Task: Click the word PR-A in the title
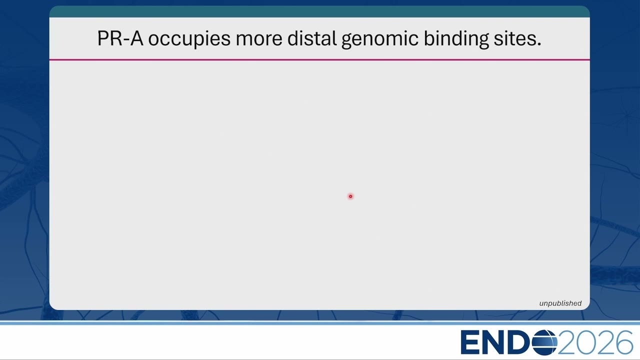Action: tap(120, 38)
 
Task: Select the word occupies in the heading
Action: tap(189, 39)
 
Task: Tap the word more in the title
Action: tap(259, 40)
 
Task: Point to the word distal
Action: tap(311, 38)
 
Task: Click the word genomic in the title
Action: tap(380, 39)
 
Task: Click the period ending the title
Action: tap(538, 44)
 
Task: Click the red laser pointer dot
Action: tap(350, 196)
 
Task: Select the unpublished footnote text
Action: tap(560, 303)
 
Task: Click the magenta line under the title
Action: tap(319, 59)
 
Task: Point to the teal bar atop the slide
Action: tap(319, 11)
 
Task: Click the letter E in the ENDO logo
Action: tap(471, 342)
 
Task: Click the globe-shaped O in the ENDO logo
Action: tap(544, 342)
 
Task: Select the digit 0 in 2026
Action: tap(585, 342)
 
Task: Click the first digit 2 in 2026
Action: tap(567, 342)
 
